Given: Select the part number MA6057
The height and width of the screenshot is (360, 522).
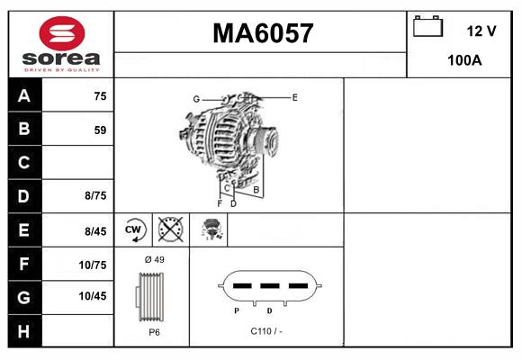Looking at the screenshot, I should [263, 33].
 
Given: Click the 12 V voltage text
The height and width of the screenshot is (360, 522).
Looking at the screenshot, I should [481, 31].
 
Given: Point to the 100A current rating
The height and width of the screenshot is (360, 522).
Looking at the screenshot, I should [464, 61].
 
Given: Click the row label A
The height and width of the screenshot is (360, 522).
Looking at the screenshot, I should [23, 96].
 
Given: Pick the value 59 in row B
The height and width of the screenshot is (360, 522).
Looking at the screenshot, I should [100, 130].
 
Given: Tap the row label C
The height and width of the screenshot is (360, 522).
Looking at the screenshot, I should [23, 164].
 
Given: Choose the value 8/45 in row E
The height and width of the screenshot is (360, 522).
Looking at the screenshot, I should [95, 231].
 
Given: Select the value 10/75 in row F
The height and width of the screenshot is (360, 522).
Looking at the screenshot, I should [94, 265].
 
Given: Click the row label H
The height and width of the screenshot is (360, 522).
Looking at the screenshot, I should [23, 330].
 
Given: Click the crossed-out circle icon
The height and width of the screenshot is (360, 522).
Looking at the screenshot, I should [170, 229].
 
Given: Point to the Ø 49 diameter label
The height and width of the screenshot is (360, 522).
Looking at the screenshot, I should [154, 260].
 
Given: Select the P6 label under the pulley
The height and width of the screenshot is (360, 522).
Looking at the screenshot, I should [153, 331].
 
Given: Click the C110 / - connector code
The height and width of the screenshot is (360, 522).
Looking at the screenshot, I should [267, 331].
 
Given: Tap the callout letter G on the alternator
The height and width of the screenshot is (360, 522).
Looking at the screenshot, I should [195, 98].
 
